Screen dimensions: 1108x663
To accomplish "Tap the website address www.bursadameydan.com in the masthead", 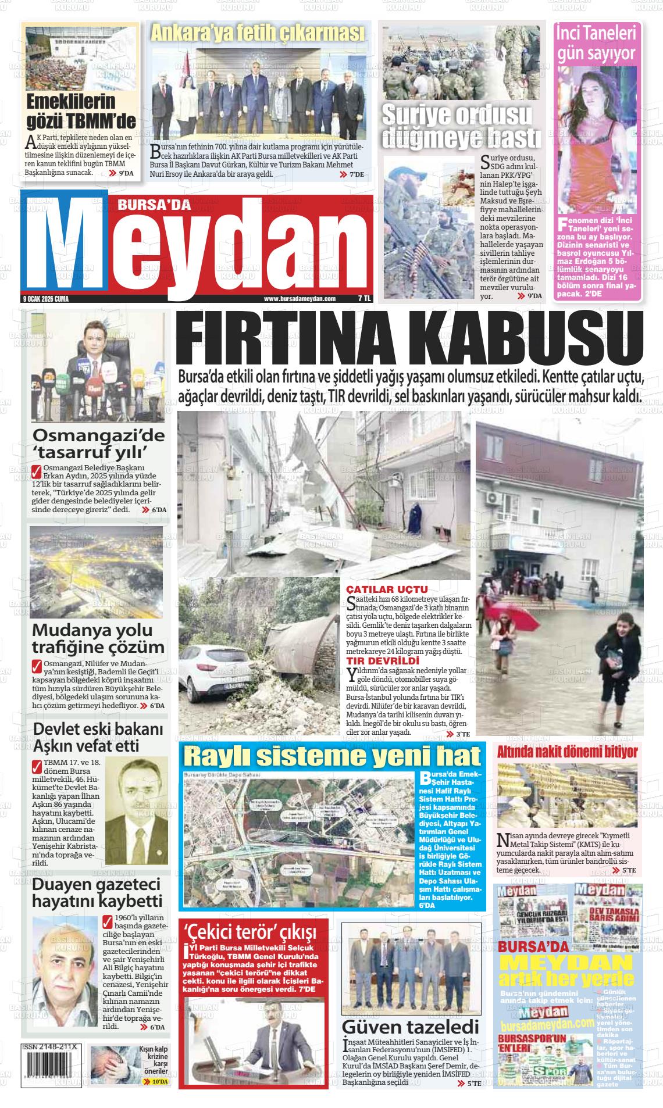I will [300, 299].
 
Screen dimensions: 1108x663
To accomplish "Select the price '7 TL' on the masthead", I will [364, 299].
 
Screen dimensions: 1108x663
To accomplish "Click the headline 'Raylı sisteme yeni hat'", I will [332, 756].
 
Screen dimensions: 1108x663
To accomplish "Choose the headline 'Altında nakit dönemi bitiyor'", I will [567, 752].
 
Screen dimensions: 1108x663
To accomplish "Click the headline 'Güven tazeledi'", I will [410, 1026].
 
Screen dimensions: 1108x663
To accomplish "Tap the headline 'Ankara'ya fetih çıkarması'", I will [257, 34].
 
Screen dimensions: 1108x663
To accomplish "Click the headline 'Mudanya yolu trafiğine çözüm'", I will [98, 638].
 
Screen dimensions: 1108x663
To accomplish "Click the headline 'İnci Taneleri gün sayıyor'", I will [596, 44].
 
